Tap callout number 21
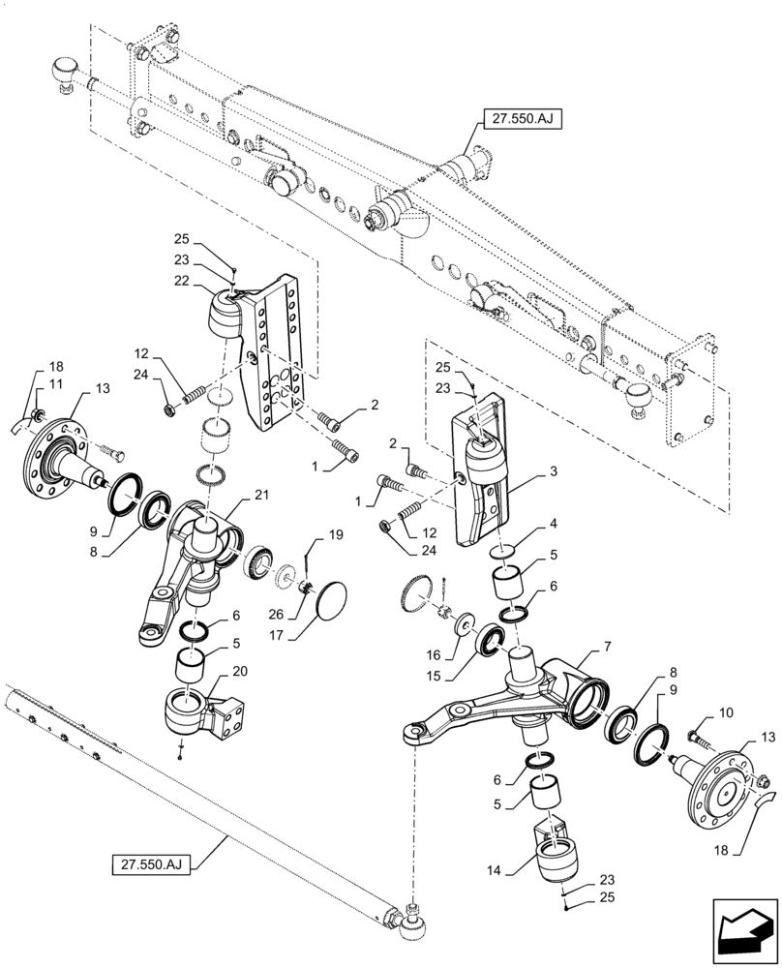pyautogui.click(x=260, y=495)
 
